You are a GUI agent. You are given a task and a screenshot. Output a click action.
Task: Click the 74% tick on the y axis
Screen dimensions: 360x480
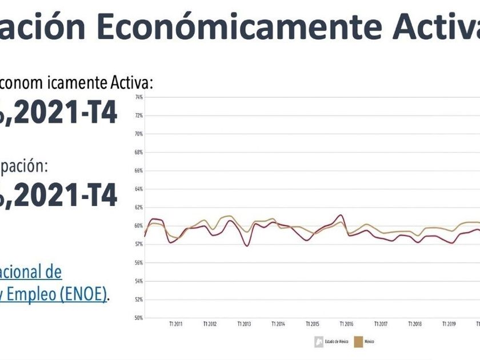138,97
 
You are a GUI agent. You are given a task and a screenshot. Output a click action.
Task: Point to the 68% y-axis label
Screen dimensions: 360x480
138,153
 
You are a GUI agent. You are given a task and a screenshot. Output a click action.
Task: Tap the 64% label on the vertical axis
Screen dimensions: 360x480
138,189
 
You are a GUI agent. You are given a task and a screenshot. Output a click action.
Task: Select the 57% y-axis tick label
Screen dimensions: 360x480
138,244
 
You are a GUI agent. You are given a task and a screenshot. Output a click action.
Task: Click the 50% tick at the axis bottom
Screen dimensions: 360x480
138,318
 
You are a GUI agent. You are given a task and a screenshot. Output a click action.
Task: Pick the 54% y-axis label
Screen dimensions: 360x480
138,281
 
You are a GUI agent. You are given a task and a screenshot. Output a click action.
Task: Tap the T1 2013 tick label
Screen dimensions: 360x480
243,324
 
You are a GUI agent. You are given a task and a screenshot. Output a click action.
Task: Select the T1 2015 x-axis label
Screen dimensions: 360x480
312,324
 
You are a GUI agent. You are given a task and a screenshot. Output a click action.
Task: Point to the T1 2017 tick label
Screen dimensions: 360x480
381,324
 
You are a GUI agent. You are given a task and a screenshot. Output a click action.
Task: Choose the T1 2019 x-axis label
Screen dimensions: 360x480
449,324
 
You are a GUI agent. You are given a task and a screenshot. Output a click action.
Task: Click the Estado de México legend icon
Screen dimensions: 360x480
318,342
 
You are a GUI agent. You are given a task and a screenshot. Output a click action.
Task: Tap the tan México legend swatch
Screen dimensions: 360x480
361,342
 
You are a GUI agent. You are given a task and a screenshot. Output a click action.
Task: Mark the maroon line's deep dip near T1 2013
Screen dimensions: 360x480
247,246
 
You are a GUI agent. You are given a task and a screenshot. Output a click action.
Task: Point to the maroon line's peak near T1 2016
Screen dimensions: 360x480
341,215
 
